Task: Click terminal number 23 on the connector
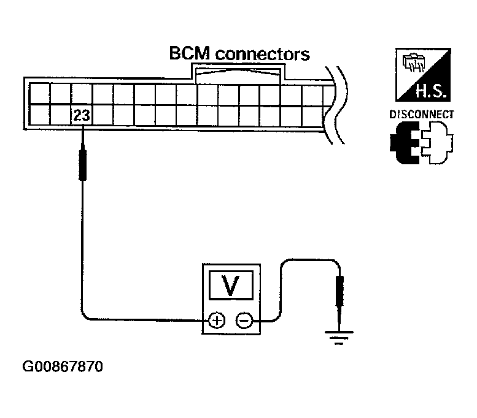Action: pyautogui.click(x=82, y=115)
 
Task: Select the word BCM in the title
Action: pyautogui.click(x=190, y=53)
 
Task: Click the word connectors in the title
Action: pyautogui.click(x=262, y=54)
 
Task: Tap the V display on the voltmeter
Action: pyautogui.click(x=231, y=285)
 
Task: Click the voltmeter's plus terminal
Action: pyautogui.click(x=216, y=321)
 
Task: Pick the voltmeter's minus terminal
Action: pyautogui.click(x=244, y=321)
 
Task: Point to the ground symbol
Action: pyautogui.click(x=339, y=337)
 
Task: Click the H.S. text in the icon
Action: pyautogui.click(x=431, y=91)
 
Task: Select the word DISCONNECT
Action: pyautogui.click(x=422, y=115)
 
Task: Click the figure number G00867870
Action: pyautogui.click(x=63, y=367)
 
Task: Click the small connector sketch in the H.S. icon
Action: pyautogui.click(x=413, y=63)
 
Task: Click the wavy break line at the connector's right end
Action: pyautogui.click(x=336, y=105)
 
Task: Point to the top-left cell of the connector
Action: pyautogui.click(x=39, y=94)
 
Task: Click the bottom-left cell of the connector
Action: pyautogui.click(x=39, y=115)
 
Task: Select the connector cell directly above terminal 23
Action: pyautogui.click(x=82, y=94)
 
